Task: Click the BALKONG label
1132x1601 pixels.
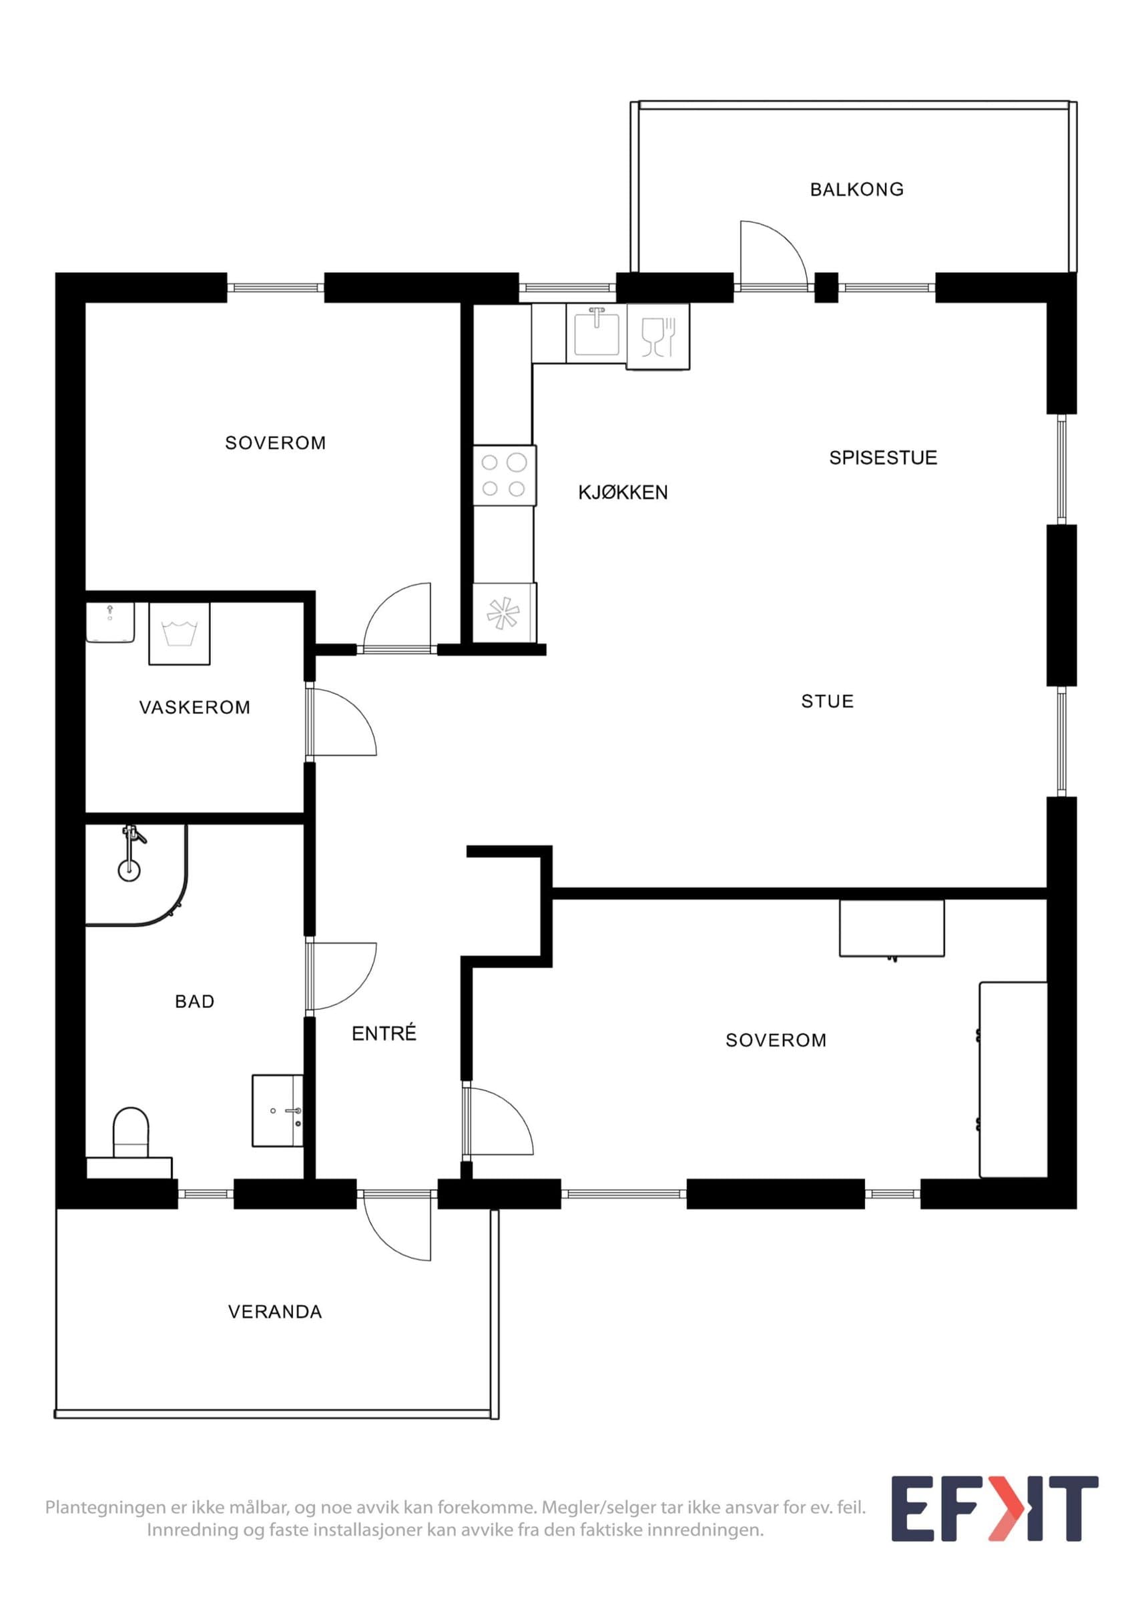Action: (x=856, y=189)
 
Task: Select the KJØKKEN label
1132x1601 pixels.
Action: (x=623, y=492)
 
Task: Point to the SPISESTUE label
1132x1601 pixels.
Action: (x=883, y=458)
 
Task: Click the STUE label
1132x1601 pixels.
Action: (x=827, y=701)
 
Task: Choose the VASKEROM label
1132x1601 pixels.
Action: (x=195, y=707)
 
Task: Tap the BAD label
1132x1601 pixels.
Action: (x=195, y=1001)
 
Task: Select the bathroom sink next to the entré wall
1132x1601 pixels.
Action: (x=278, y=1110)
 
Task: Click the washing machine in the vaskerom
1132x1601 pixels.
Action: (x=180, y=634)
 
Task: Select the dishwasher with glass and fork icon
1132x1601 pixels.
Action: (x=657, y=336)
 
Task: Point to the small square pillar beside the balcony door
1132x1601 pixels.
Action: (x=826, y=287)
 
